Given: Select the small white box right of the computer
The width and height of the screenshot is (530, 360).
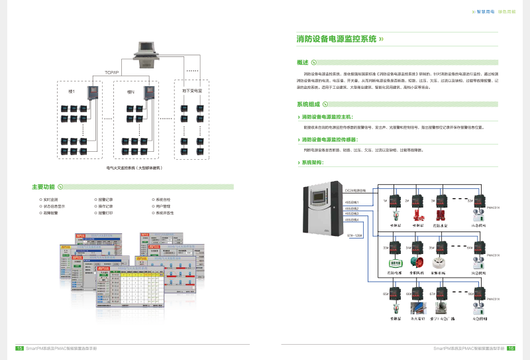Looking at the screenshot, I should [x=196, y=52].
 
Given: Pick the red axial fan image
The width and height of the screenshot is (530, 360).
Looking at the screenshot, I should [x=417, y=263].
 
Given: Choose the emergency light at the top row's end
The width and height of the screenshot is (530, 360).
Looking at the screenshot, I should [x=478, y=215].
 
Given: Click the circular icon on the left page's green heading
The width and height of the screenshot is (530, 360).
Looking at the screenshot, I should [x=60, y=187].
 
